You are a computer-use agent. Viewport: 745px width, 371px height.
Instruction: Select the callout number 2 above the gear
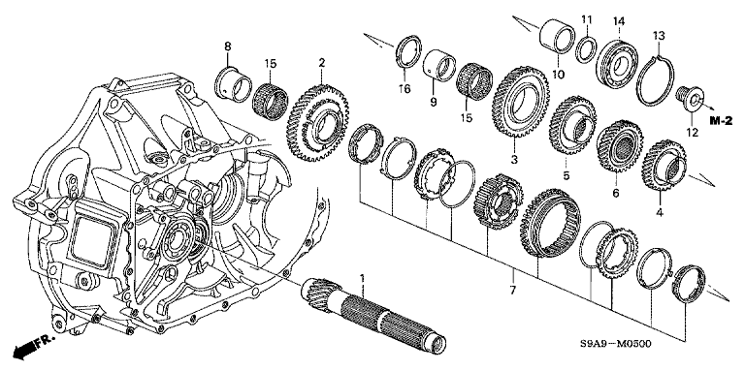coord(322,63)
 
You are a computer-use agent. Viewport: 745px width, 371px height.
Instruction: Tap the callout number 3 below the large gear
coord(513,160)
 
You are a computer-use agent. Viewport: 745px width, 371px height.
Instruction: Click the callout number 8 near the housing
coord(228,46)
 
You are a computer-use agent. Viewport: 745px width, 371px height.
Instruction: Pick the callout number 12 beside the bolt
coord(692,133)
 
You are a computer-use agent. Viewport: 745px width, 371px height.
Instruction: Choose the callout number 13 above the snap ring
coord(659,36)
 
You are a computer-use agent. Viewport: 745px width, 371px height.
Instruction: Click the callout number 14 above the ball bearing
coord(619,21)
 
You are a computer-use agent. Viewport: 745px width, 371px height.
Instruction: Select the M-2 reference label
coord(722,121)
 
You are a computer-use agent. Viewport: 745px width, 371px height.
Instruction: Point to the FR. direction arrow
coord(33,347)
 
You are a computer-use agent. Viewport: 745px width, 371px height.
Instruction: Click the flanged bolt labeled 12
coord(687,97)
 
